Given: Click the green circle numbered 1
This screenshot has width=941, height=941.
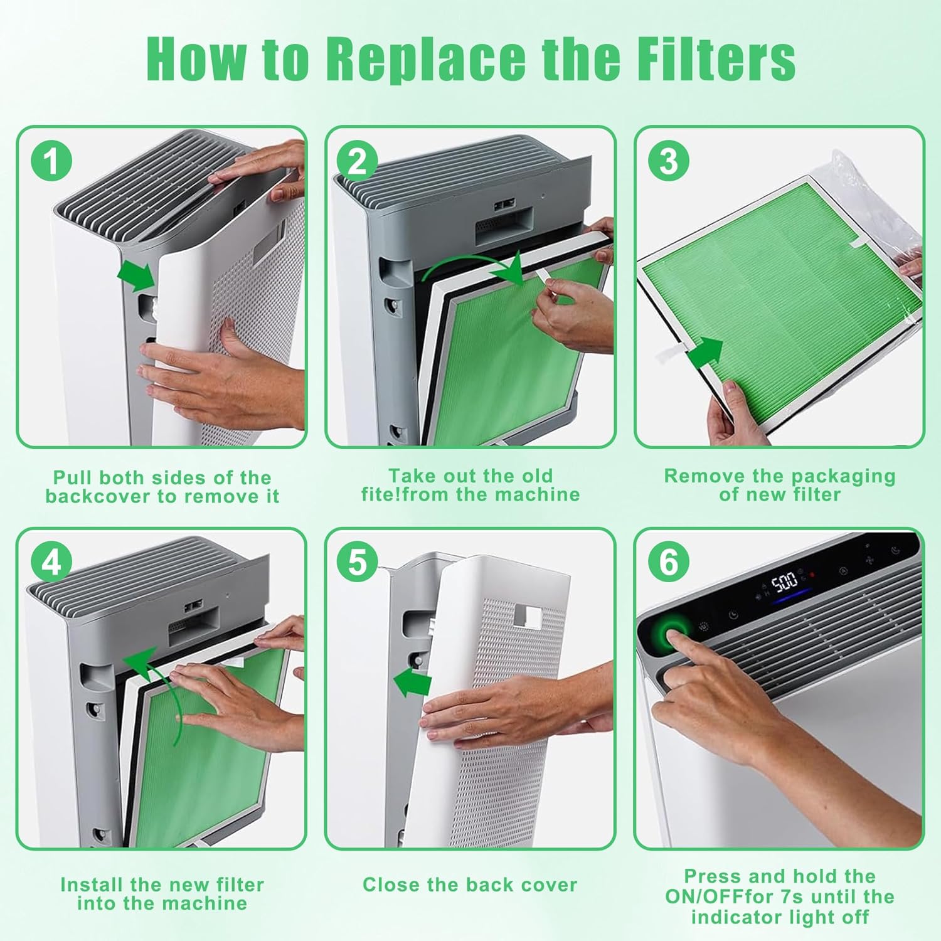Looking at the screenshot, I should [51, 161].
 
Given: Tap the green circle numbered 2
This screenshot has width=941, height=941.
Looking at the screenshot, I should [357, 161].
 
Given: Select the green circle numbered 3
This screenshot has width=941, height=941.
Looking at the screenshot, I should [669, 161].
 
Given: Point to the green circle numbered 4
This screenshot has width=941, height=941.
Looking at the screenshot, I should [51, 561].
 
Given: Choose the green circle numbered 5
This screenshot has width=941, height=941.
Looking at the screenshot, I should [357, 561].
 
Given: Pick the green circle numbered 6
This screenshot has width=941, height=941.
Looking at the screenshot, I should [669, 561].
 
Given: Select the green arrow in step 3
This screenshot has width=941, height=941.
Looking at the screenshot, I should [705, 354].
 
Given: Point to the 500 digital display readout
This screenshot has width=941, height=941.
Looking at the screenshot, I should [784, 583].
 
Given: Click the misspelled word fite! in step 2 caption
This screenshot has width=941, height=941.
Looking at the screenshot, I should [381, 494].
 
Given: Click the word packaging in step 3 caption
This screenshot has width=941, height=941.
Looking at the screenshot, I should [842, 476].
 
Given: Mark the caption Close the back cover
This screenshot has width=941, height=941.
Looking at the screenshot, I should [470, 885].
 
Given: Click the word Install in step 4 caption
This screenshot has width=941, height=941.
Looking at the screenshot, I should [92, 885].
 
